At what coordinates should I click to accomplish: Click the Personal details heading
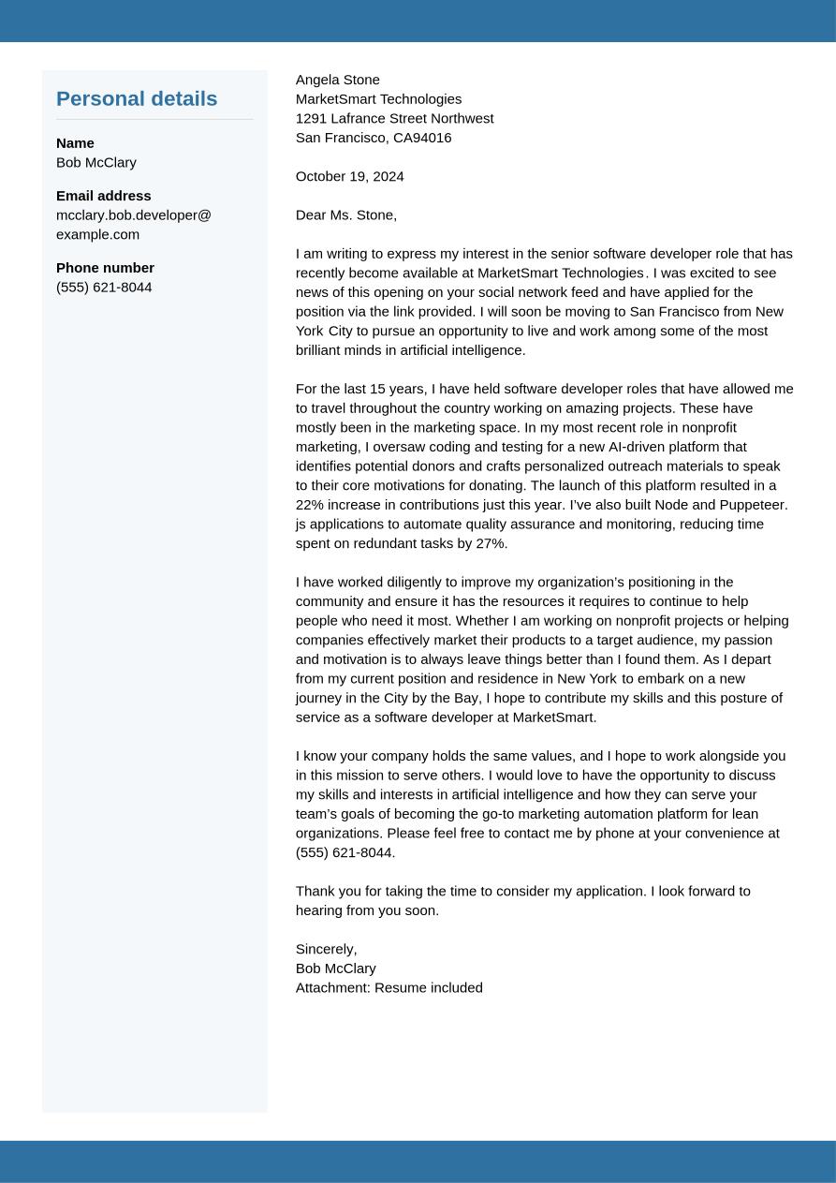pos(137,98)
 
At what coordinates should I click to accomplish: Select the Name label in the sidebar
pos(75,143)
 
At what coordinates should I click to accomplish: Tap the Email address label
pos(103,196)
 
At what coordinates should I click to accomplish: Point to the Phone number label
pos(105,268)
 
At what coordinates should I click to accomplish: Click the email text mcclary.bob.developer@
pos(134,215)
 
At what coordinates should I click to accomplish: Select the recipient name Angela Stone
pos(338,80)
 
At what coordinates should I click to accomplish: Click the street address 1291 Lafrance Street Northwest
pos(394,118)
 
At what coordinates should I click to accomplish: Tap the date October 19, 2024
pos(350,176)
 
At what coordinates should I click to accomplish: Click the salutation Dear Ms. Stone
pos(346,215)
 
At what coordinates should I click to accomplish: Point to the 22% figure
pos(311,505)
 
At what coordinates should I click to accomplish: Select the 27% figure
pos(491,543)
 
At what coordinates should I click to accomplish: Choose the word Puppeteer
pos(754,505)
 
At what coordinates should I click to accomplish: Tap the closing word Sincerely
pos(326,949)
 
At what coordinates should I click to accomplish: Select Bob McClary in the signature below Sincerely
pos(336,969)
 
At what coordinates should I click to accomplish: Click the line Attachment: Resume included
pos(389,987)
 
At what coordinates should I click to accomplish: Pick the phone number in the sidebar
pos(104,288)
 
